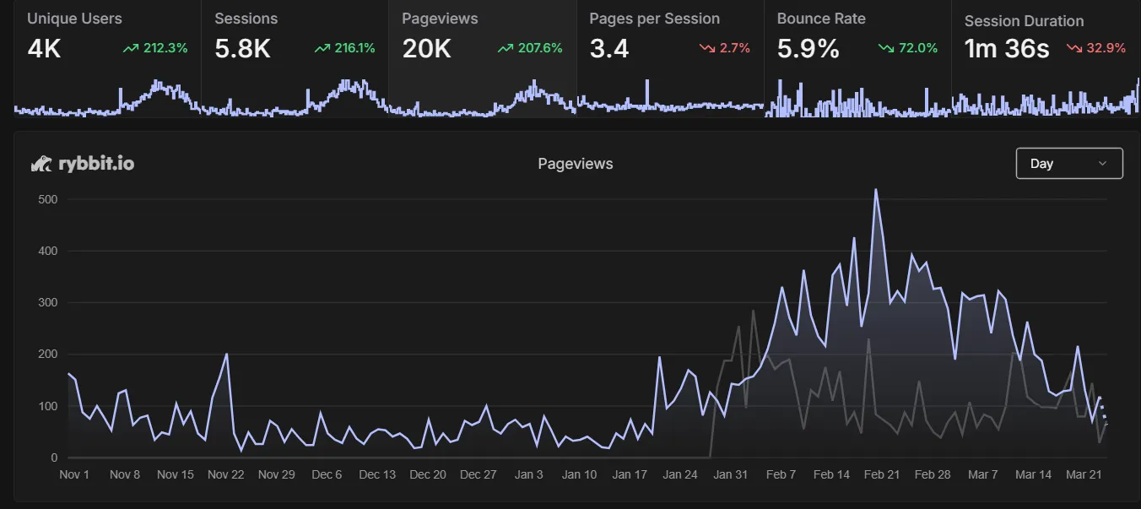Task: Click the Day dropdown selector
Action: (x=1068, y=164)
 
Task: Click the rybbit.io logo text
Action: (x=95, y=164)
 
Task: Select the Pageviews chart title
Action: (x=576, y=164)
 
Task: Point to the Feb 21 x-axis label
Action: (x=882, y=474)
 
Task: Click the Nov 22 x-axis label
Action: (x=226, y=474)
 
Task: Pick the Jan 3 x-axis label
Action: (x=529, y=474)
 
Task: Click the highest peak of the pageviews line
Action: (x=876, y=189)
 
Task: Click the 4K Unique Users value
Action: (x=44, y=49)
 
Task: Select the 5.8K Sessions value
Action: (x=242, y=49)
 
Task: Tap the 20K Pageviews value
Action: (x=426, y=49)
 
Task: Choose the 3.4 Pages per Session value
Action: (x=608, y=49)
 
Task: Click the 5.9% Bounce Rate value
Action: (x=808, y=49)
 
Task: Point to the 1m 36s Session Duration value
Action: (x=1007, y=49)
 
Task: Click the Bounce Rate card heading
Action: (x=820, y=19)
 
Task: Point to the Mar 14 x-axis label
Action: (x=1033, y=474)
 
